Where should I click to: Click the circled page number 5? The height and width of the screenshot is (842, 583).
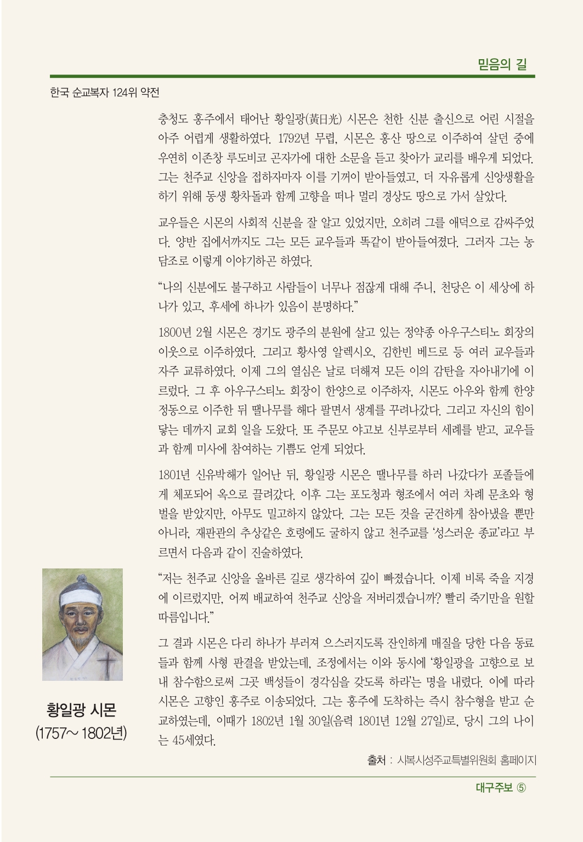tap(521, 788)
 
